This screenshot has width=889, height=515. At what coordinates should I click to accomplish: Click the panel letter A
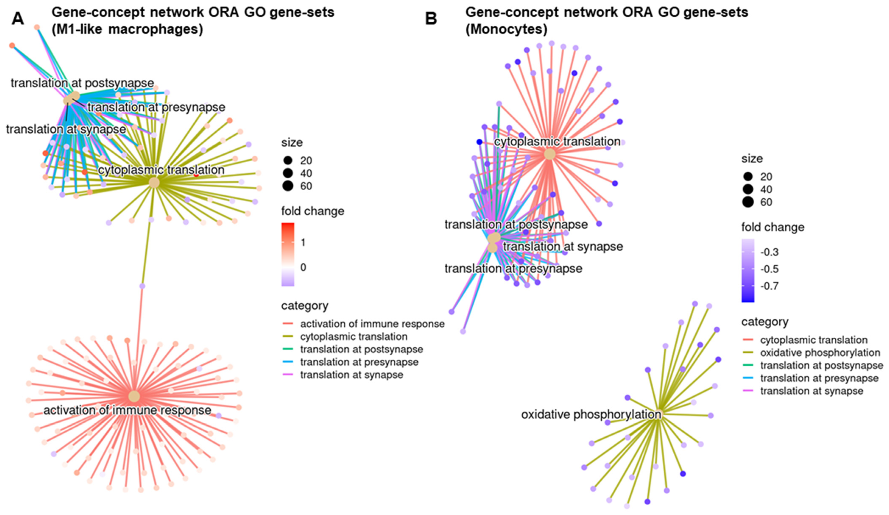pos(18,19)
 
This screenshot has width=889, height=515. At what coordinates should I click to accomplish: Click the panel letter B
pos(431,19)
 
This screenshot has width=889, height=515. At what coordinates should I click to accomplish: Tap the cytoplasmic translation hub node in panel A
pos(154,183)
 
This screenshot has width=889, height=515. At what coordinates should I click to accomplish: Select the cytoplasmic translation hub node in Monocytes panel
pos(549,154)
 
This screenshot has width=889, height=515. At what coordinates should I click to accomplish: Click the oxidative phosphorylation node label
pos(591,415)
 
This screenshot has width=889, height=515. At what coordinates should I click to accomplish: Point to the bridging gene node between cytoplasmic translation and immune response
pos(142,286)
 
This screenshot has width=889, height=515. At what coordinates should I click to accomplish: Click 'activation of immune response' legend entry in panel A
pos(372,324)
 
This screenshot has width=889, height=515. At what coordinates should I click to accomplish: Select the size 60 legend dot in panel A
pos(288,186)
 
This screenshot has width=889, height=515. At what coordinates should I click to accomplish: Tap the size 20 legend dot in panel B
pos(748,176)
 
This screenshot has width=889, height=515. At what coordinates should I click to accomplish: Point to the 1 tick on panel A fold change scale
pos(303,242)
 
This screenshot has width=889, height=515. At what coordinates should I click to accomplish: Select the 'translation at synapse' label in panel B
pos(563,246)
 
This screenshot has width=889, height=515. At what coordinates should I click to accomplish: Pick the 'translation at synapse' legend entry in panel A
pos(351,375)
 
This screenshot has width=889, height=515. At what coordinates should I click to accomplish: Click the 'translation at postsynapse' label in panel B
pos(516,224)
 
